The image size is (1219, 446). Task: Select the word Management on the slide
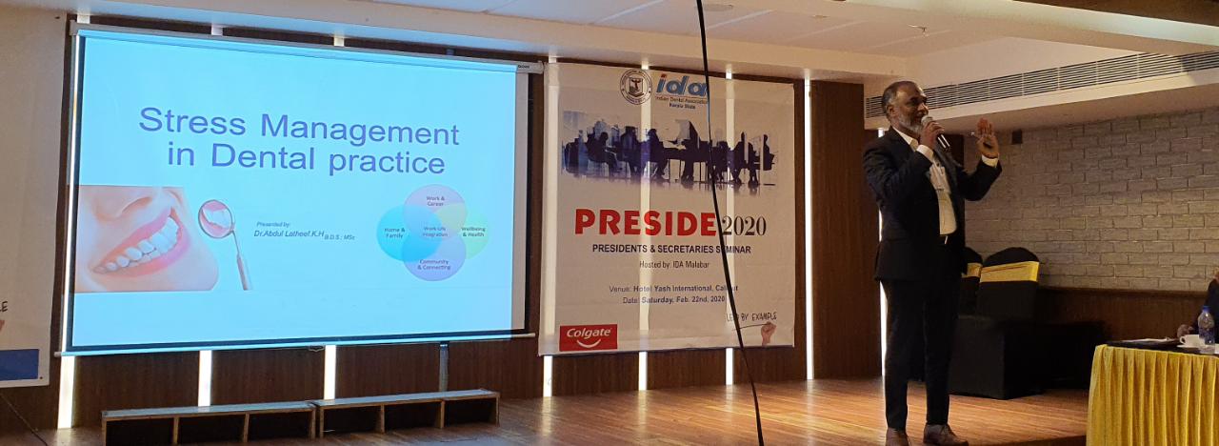[360, 128]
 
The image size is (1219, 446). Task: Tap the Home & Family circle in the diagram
[394, 233]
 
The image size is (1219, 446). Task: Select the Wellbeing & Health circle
[473, 232]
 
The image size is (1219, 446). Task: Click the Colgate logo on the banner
[588, 336]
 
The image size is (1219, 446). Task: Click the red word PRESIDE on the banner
[645, 224]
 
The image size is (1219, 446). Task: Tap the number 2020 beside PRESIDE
[743, 226]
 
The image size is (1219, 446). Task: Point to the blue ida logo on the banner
[680, 87]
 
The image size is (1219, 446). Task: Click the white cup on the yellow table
[1189, 340]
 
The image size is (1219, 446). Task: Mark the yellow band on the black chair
[1009, 273]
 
